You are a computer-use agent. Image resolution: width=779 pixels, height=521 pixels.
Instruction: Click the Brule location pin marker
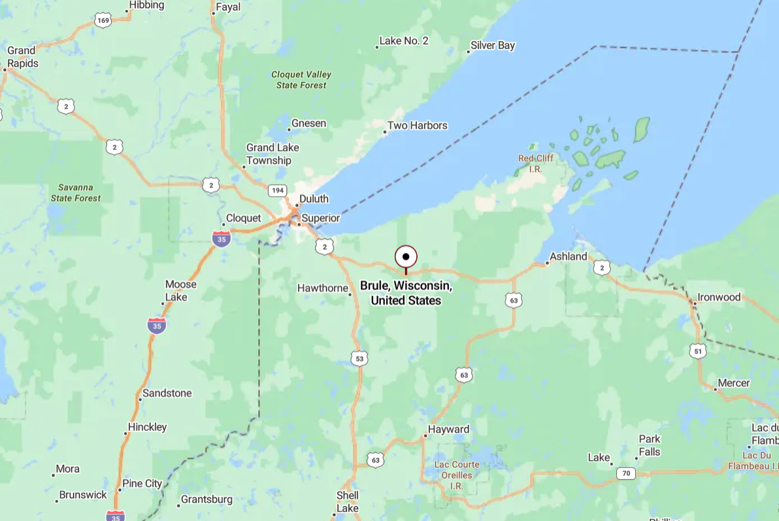coord(406,257)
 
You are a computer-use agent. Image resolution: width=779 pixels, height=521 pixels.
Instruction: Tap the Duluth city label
coord(314,199)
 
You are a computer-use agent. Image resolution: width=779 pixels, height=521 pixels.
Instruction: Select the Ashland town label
coord(568,256)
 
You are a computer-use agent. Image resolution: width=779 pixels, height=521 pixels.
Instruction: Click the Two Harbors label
coord(417,126)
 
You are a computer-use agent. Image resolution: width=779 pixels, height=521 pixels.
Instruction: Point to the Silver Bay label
coord(493,46)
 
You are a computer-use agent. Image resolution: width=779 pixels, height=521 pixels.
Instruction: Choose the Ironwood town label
coord(719,297)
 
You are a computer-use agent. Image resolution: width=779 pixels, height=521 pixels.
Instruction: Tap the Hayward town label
coord(448,429)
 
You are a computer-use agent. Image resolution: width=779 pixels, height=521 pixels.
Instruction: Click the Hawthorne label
coord(322,288)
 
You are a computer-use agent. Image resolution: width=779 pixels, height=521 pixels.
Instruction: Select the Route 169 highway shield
coord(103,21)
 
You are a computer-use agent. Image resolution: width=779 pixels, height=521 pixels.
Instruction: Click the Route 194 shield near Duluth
coord(277,190)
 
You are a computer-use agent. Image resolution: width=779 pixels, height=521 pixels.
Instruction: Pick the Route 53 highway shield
coord(359,358)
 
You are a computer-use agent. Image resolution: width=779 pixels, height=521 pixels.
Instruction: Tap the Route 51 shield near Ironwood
coord(697,351)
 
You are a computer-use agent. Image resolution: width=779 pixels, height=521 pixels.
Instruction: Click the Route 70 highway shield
coord(625,473)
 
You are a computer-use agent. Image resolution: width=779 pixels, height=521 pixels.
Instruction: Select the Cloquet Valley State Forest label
coord(301,80)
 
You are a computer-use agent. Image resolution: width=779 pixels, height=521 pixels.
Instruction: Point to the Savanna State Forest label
coord(76,192)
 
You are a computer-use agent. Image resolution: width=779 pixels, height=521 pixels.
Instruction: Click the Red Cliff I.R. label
coord(535,163)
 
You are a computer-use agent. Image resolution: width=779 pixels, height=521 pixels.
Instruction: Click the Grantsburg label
coord(206,499)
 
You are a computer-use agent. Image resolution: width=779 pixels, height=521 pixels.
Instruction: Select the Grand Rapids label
coord(22,57)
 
